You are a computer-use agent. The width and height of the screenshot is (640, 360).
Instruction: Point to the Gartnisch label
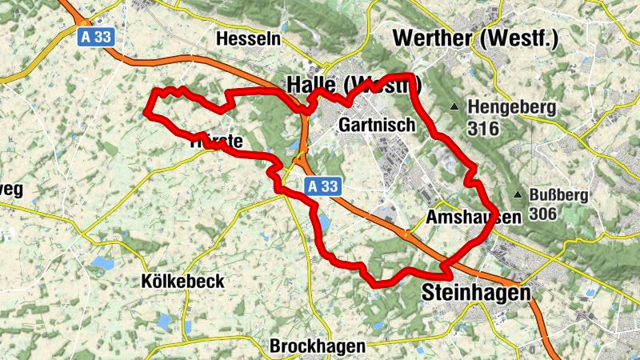coord(377,125)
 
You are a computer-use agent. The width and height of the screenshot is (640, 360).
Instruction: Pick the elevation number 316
coord(484,128)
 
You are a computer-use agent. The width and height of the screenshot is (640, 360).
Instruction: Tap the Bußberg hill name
coord(559,194)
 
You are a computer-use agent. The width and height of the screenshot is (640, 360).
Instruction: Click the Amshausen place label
coord(474,217)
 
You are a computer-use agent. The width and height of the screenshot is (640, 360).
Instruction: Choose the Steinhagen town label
coord(475,293)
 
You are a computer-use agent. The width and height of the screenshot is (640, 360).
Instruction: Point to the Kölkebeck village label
coord(182,282)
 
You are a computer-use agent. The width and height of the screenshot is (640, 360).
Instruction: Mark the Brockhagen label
coord(318,346)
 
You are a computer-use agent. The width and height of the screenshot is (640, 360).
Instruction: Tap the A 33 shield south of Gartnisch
coord(323,186)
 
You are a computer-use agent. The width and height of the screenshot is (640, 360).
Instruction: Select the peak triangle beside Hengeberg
coord(455,106)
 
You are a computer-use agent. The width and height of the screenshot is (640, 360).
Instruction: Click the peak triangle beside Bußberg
coord(518,194)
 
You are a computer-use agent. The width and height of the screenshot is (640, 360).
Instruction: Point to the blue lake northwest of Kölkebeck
coord(102,262)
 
